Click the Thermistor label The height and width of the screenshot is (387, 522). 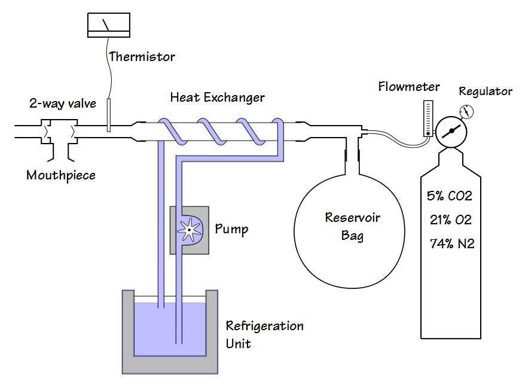pos(142,57)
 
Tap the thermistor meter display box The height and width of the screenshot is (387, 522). pos(108,24)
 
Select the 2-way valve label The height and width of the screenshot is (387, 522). pos(63,103)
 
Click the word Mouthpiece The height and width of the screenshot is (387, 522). pos(61,175)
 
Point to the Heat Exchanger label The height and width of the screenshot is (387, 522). pos(217,97)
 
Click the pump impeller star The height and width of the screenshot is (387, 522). pos(189,229)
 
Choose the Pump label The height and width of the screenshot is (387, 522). pos(231,229)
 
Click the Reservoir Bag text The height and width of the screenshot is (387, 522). pos(352,226)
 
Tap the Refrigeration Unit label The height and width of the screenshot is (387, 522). pos(264,334)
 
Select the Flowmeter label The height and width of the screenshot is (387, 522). pos(409,87)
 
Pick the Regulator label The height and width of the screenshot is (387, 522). pos(485,92)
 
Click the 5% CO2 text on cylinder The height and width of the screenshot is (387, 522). pos(450,196)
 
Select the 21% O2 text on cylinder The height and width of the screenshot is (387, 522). pos(450,220)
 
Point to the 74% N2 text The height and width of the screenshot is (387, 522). pos(452,243)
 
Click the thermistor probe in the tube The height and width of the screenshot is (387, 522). pos(109,115)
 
